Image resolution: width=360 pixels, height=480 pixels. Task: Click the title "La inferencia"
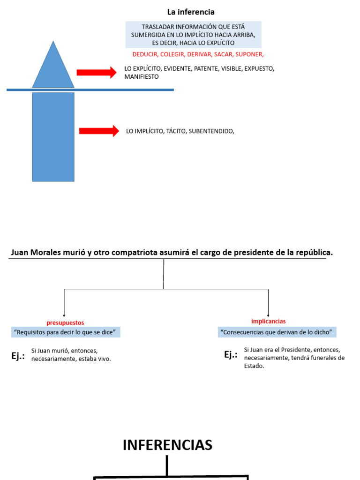click(191, 12)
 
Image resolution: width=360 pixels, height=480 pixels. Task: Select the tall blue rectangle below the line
click(53, 136)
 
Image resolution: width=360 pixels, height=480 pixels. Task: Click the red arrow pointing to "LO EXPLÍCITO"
click(96, 72)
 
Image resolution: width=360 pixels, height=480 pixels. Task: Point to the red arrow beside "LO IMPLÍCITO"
click(99, 131)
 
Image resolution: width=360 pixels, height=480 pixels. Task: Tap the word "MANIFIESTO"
click(142, 76)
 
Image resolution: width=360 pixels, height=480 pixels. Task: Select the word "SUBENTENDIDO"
click(210, 131)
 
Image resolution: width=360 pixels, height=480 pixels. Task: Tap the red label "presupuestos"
click(65, 323)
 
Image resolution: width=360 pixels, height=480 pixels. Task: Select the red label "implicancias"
click(268, 322)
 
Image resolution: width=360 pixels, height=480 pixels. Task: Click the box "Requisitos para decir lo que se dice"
click(65, 332)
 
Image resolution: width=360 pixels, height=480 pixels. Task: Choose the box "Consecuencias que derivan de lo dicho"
click(277, 332)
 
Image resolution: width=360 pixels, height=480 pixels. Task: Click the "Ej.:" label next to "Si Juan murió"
click(18, 356)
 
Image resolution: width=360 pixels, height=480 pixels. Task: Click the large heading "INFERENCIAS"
click(167, 445)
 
